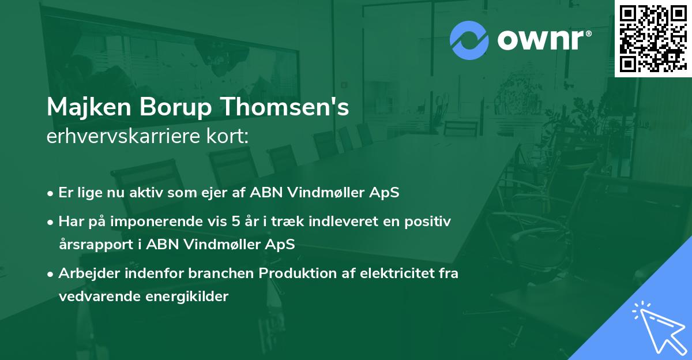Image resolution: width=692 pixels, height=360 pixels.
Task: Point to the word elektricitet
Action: coord(387,273)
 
